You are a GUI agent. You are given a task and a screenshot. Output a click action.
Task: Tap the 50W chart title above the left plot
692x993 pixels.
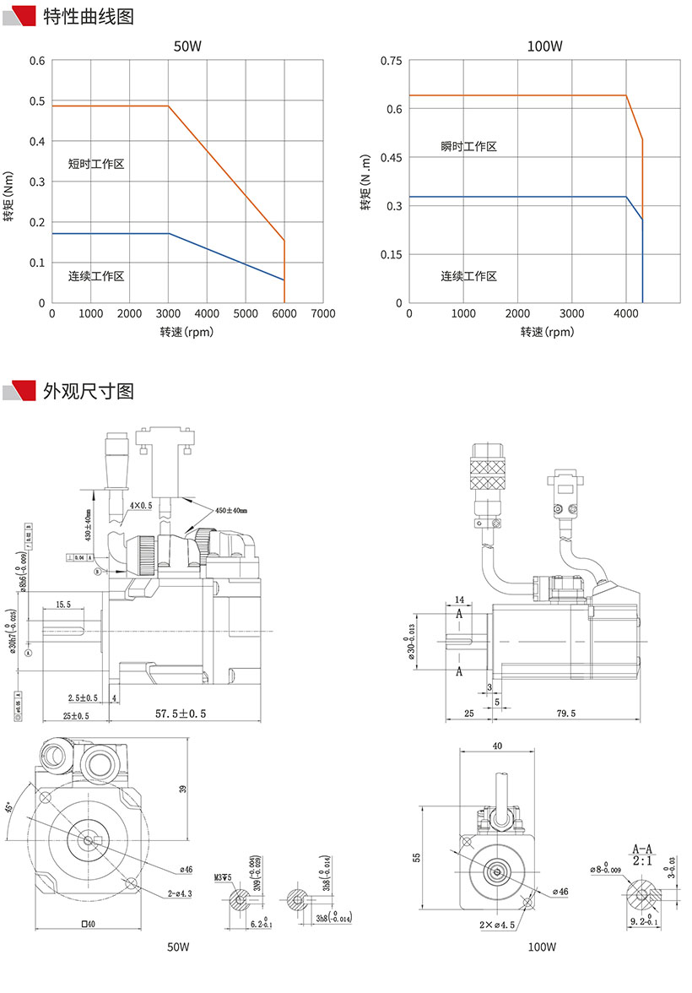[187, 46]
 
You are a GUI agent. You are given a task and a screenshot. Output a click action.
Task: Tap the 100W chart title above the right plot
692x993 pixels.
[543, 46]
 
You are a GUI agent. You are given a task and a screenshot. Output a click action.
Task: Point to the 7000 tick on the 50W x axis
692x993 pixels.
[322, 314]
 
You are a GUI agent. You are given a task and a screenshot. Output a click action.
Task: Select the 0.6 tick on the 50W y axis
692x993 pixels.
[38, 61]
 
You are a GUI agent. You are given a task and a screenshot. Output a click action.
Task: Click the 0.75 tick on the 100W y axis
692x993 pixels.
[390, 61]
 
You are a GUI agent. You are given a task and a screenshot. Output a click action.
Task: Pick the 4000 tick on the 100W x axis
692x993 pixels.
[625, 314]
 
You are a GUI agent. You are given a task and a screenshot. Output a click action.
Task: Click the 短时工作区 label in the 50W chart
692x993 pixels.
[96, 164]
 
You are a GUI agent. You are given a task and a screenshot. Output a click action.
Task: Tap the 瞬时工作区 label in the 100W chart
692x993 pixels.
[468, 147]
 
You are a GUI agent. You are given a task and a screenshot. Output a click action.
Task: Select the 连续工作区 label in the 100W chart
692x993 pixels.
[468, 276]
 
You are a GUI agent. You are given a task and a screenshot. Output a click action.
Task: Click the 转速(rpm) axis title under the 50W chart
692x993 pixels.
[187, 332]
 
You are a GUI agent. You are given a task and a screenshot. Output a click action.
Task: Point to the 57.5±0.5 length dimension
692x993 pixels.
[181, 714]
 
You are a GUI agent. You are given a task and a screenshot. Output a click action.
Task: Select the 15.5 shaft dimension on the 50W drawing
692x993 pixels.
[62, 605]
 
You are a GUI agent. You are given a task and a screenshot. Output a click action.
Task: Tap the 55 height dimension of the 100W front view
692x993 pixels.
[416, 857]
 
